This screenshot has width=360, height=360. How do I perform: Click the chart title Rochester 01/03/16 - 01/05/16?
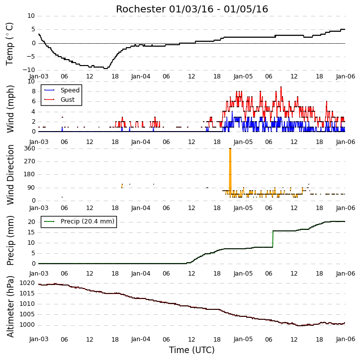coord(192,9)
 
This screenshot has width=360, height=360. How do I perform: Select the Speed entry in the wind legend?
coord(62,90)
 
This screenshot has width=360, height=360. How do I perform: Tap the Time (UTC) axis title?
coord(192,350)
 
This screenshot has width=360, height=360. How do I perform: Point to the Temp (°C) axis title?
coord(9,44)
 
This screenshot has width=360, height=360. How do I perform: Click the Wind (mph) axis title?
coord(10,109)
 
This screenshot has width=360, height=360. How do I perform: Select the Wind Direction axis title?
coord(10,174)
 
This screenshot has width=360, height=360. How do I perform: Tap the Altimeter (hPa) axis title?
coord(10,306)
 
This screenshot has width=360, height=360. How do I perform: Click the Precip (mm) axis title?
coord(10,241)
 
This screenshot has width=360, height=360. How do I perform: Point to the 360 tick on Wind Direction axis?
coord(30,148)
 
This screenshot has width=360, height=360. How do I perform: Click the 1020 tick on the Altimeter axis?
coord(27,283)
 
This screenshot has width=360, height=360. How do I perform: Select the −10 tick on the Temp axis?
coord(29,70)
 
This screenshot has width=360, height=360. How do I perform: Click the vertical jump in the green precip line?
coord(273,239)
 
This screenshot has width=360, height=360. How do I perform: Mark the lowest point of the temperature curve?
coord(106,69)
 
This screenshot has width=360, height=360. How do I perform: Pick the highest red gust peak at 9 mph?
coord(281,87)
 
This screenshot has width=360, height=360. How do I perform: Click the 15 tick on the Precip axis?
coord(31,232)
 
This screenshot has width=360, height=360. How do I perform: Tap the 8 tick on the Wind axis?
coord(33,91)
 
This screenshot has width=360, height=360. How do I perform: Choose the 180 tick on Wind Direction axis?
coord(30,174)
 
